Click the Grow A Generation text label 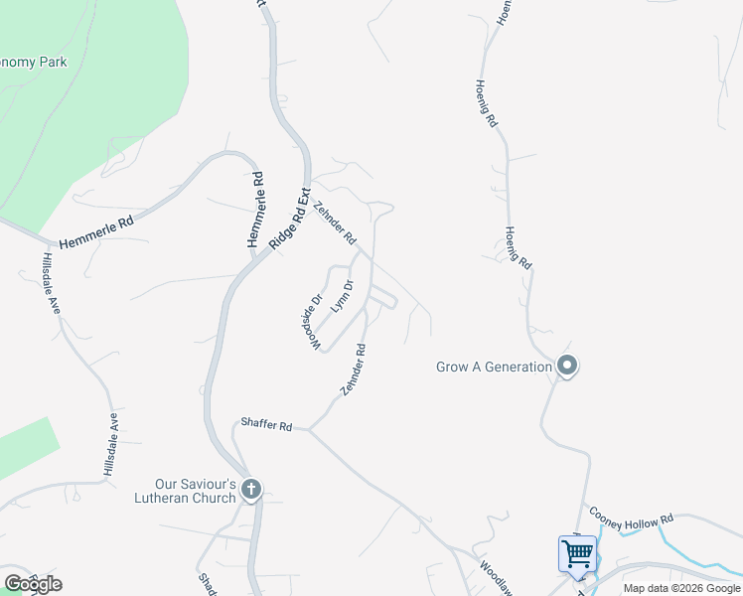(x=494, y=367)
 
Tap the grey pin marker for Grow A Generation (x=567, y=367)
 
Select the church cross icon (x=251, y=489)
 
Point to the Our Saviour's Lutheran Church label (x=187, y=490)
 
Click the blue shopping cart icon (x=577, y=552)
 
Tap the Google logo (x=33, y=583)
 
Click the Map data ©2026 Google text (x=682, y=589)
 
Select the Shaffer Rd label (x=265, y=426)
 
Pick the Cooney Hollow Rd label (x=631, y=519)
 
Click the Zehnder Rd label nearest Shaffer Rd (x=354, y=371)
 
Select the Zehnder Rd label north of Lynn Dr (x=334, y=223)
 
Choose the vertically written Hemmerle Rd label (x=256, y=210)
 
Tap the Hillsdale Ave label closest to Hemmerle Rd (x=52, y=283)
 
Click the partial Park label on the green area (x=35, y=62)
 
